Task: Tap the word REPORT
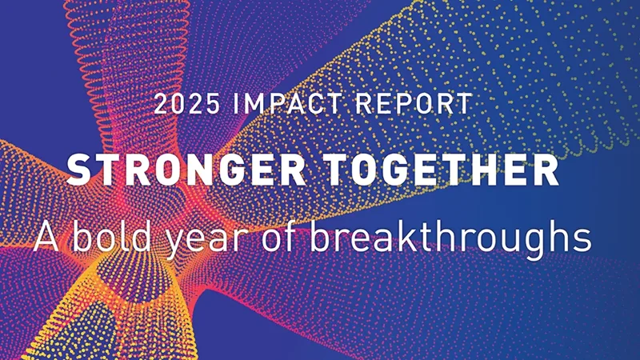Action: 421,104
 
